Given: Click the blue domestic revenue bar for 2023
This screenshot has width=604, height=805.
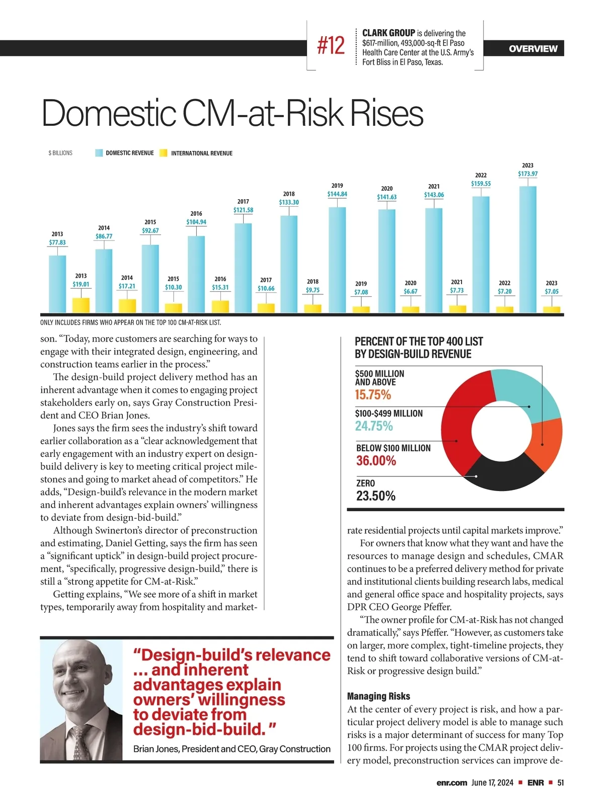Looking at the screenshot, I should pyautogui.click(x=527, y=250).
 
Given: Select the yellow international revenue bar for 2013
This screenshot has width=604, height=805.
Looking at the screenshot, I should pyautogui.click(x=81, y=305).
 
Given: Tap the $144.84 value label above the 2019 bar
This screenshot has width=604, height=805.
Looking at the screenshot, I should pyautogui.click(x=337, y=194).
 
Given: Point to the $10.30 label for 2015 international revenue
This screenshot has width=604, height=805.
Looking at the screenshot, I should pyautogui.click(x=173, y=287).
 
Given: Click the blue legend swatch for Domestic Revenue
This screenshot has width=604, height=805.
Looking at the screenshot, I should pyautogui.click(x=99, y=153).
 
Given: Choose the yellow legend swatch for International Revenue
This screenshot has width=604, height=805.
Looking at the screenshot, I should pyautogui.click(x=163, y=153).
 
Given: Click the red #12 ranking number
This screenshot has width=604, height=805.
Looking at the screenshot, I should pyautogui.click(x=331, y=46).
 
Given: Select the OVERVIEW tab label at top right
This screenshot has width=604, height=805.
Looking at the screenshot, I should pyautogui.click(x=533, y=49).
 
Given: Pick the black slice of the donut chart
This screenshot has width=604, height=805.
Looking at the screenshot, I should pyautogui.click(x=503, y=473).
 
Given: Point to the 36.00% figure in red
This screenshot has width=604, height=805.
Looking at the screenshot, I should pyautogui.click(x=376, y=461).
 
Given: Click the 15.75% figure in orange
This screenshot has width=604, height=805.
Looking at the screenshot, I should pyautogui.click(x=373, y=395).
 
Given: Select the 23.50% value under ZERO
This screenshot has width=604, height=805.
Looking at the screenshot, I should pyautogui.click(x=376, y=496).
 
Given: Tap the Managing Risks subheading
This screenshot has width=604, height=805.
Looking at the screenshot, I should pyautogui.click(x=379, y=696).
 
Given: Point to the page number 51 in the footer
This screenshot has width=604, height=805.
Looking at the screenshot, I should pyautogui.click(x=560, y=782).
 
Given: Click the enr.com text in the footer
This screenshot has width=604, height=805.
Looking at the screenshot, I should pyautogui.click(x=452, y=782).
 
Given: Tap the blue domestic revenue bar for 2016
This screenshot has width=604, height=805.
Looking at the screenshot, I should pyautogui.click(x=196, y=274).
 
